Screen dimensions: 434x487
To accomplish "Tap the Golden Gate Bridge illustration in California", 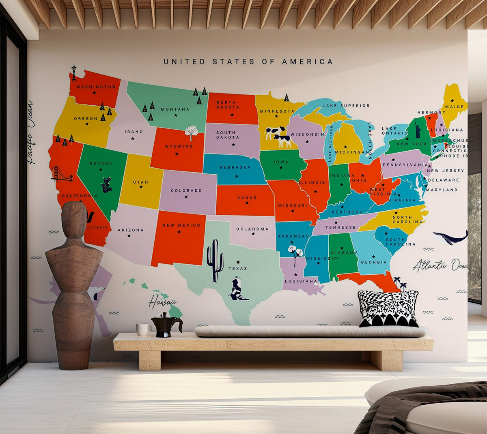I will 62,174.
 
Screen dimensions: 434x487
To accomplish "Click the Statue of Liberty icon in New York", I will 418,130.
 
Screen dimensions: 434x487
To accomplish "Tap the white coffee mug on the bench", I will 142,329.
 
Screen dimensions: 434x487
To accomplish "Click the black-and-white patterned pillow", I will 388,308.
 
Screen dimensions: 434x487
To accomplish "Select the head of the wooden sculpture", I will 74,219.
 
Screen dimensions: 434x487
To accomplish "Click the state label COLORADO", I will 186,190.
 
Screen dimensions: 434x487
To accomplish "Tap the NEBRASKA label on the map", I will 235,167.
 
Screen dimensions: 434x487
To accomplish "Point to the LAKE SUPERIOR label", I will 346,106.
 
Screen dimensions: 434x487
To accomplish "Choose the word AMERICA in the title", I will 307,62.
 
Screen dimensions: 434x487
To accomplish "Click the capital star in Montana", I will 176,115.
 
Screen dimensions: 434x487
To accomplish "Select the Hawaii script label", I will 162,302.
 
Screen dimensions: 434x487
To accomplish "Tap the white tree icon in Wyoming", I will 191,132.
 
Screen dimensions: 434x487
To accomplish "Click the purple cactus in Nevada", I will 107,185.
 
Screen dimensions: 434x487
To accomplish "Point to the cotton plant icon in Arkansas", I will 295,252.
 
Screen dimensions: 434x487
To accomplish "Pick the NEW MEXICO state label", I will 181,225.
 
